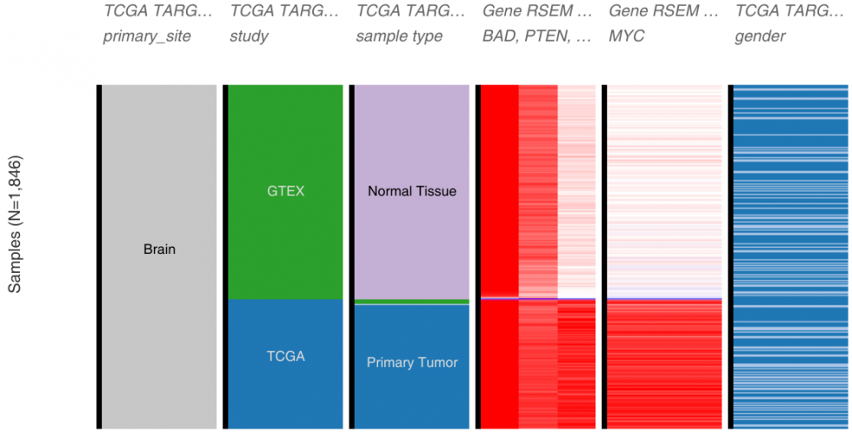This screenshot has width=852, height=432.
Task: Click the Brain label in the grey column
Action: point(159,249)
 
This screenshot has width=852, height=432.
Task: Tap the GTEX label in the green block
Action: point(286,191)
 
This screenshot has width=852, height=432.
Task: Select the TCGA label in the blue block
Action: point(286,356)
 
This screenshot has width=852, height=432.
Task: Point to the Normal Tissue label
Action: point(412,191)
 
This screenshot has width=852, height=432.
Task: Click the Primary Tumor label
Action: point(412,362)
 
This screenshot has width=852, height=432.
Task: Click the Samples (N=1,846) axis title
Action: point(16,224)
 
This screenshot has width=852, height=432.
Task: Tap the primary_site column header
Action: point(147,37)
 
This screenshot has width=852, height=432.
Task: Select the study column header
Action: point(249,37)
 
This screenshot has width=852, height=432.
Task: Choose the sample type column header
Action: point(399,37)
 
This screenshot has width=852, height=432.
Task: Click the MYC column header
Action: point(627,37)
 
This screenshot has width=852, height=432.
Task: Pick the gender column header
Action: point(760,37)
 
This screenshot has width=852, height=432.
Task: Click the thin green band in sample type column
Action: point(412,301)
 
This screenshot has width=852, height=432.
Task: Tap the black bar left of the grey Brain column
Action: point(99,256)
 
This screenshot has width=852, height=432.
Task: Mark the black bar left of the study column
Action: point(225,256)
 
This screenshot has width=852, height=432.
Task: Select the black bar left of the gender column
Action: point(730,256)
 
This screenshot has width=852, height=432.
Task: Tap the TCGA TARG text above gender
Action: point(782,10)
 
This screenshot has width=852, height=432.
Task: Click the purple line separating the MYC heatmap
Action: point(664,299)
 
